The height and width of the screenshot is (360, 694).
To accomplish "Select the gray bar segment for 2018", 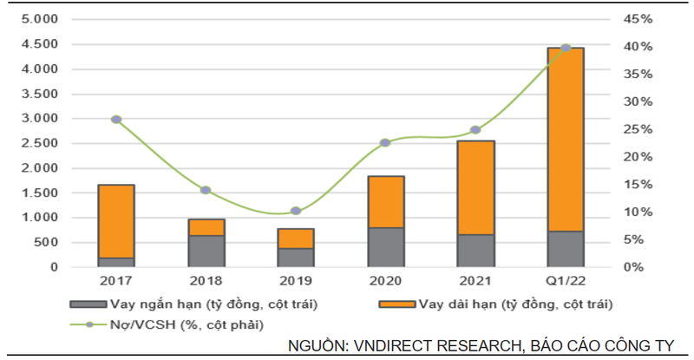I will [206, 251].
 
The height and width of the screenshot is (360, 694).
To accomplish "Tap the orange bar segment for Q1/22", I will [566, 139].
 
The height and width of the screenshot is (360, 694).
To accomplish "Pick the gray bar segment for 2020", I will [386, 247].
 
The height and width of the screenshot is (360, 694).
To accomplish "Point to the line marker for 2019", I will [296, 211].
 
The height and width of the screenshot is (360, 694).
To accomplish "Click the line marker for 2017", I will [116, 120].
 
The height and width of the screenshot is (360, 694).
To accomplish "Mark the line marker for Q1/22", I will [566, 48].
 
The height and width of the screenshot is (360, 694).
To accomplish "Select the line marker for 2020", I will [386, 142].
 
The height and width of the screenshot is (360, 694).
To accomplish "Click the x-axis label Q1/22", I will [566, 281].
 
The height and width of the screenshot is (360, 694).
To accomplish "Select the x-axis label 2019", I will [296, 281].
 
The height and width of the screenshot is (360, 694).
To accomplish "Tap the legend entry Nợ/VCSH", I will [186, 324].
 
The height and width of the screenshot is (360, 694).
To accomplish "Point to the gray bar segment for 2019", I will [296, 258].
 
